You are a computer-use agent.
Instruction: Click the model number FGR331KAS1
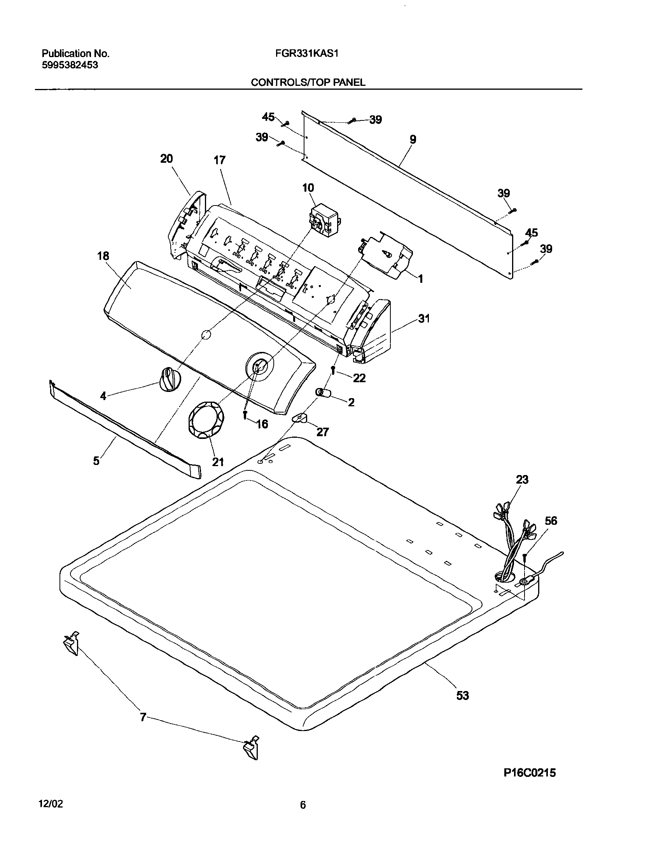coord(306,53)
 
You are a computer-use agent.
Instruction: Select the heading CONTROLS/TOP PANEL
coord(308,82)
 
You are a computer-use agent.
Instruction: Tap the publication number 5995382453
coord(70,65)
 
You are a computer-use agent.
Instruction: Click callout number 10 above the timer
coord(308,188)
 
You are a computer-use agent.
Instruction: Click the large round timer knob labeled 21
coord(206,421)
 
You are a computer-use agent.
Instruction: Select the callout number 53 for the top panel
coord(462,695)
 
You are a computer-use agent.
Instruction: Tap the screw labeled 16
coord(245,415)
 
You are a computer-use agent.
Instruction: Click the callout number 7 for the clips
coord(143,718)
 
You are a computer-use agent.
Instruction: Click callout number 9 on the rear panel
coord(413,139)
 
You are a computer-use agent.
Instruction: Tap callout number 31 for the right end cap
coord(424,319)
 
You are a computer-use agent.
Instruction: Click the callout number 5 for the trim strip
coord(96,460)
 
